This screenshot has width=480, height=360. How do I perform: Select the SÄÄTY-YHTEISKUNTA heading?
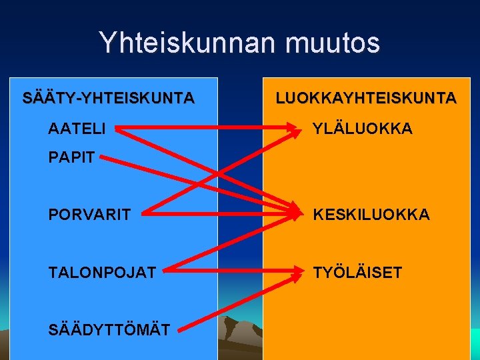click(x=109, y=99)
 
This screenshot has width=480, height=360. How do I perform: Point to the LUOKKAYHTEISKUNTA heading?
click(x=366, y=99)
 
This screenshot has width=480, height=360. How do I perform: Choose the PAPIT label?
click(x=72, y=158)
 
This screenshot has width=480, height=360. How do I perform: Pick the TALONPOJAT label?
click(x=102, y=272)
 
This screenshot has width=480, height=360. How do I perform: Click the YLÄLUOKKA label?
click(x=363, y=128)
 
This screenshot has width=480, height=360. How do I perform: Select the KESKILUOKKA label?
click(x=371, y=215)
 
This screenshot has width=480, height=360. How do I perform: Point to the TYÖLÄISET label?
click(x=358, y=272)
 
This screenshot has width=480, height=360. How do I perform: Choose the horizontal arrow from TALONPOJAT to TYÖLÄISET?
click(x=227, y=271)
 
